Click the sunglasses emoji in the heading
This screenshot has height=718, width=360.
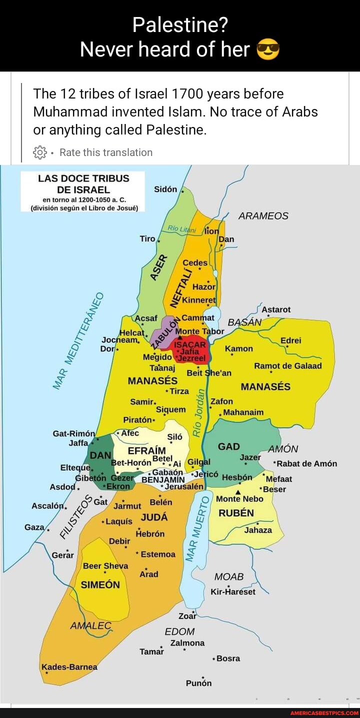click(x=268, y=49)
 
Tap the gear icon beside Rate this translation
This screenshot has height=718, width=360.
click(x=39, y=152)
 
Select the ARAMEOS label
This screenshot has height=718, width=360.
click(x=263, y=216)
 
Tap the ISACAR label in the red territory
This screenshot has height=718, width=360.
click(x=189, y=345)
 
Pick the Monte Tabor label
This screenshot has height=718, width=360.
click(x=202, y=331)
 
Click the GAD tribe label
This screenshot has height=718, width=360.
click(x=229, y=446)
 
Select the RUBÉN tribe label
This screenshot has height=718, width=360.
click(x=236, y=513)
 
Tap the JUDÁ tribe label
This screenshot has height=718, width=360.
click(x=154, y=517)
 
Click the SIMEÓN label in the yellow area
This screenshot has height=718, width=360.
click(x=100, y=584)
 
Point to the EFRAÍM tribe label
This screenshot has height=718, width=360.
click(x=147, y=450)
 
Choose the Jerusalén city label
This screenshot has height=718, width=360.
click(x=184, y=486)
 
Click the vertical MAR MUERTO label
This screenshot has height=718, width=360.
click(x=194, y=530)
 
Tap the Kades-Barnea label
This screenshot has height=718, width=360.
click(x=69, y=666)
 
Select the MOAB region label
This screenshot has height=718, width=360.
click(x=228, y=576)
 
